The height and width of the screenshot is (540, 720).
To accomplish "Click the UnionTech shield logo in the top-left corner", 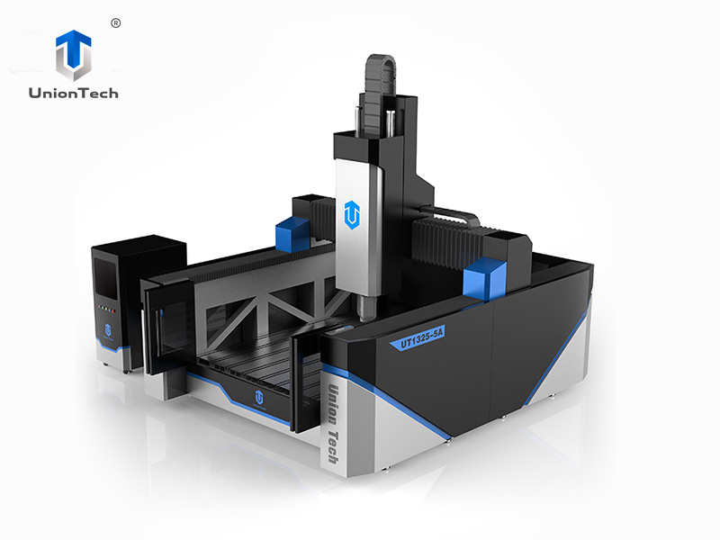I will [x=74, y=55].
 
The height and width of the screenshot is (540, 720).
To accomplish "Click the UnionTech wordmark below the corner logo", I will [x=74, y=92].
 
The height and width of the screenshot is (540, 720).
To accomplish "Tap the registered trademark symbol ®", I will [x=115, y=22].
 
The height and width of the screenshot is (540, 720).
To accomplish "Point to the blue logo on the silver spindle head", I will [x=351, y=214].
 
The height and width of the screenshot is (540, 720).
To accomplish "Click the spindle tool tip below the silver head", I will [x=365, y=311].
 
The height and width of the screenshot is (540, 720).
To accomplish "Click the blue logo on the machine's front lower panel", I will [x=257, y=397].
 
